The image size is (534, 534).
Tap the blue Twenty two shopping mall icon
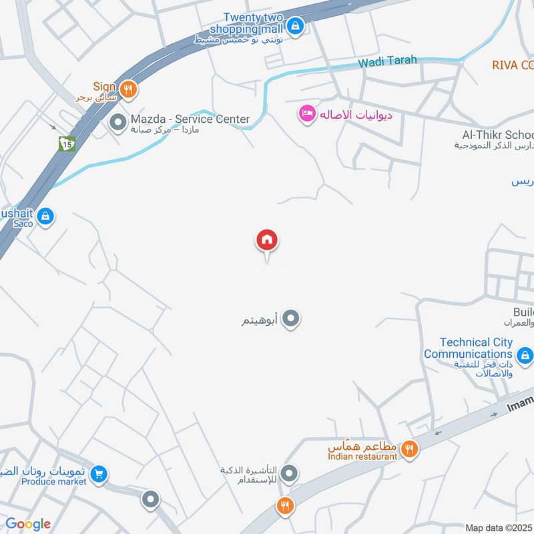(x=296, y=27)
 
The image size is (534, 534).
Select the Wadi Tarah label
(x=387, y=61)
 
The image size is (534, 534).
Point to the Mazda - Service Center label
(x=190, y=119)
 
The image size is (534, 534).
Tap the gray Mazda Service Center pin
(x=118, y=123)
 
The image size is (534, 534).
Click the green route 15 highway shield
(x=66, y=143)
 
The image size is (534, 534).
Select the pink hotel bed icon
(x=307, y=115)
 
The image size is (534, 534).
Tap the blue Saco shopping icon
(x=45, y=216)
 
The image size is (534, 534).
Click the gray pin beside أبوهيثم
(x=290, y=320)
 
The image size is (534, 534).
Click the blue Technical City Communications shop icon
(x=525, y=357)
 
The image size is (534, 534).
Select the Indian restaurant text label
(x=362, y=456)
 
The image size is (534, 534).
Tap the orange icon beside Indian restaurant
(x=411, y=451)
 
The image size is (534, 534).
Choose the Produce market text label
(x=54, y=481)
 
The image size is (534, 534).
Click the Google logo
(x=28, y=524)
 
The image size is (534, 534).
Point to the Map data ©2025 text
(x=499, y=527)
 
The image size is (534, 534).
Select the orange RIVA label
(x=513, y=65)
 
